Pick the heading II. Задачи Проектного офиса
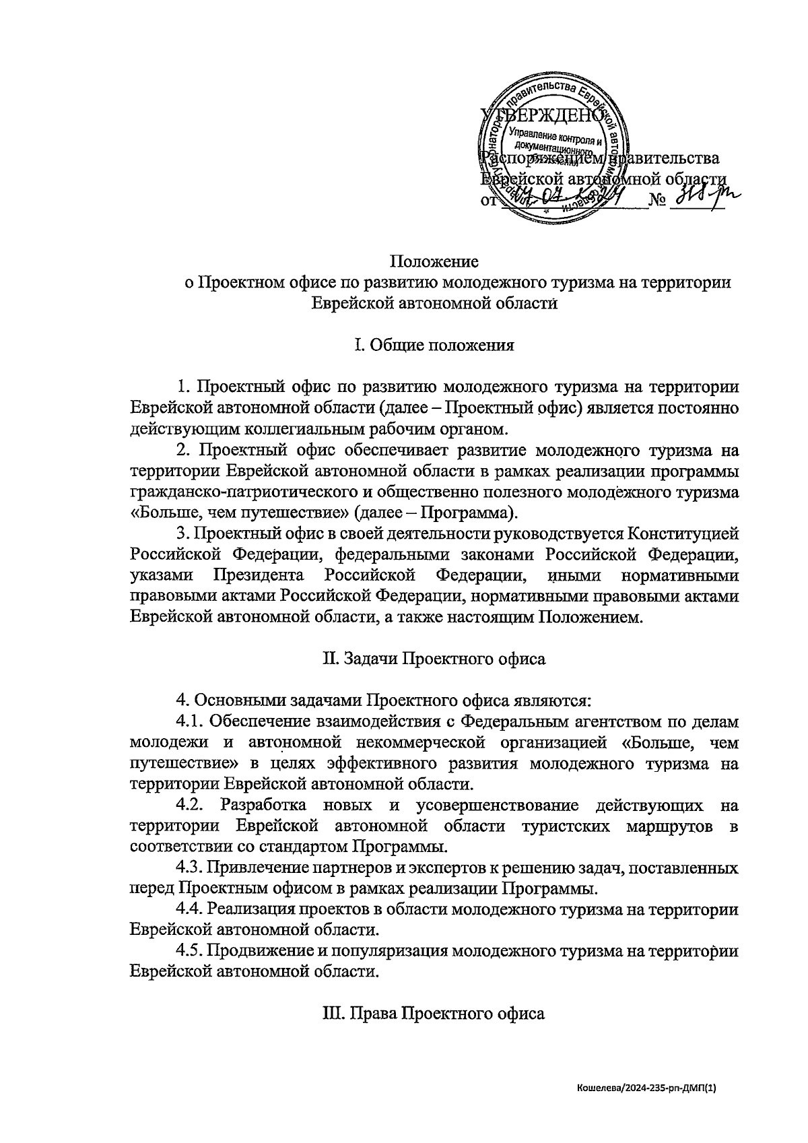coord(434,658)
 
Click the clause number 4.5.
coord(190,950)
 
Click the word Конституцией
coord(683,533)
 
